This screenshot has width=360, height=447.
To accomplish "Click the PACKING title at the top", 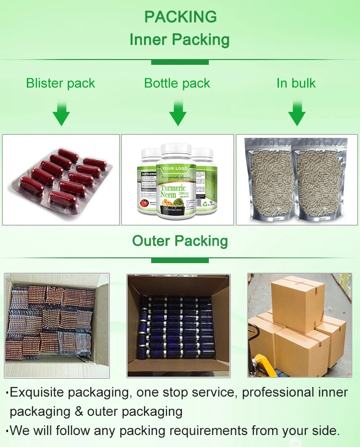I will click(180, 17).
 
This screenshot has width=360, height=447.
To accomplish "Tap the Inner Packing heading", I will click(180, 40).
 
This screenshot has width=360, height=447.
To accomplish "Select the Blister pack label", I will click(60, 84).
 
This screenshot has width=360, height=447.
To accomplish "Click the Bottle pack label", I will click(177, 84).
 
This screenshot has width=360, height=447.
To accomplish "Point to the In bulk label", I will click(296, 84).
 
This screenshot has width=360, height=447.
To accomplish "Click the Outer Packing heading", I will click(180, 241).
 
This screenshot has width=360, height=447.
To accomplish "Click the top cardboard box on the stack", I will click(298, 302).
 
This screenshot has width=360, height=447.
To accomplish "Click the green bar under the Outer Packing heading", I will click(180, 260).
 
